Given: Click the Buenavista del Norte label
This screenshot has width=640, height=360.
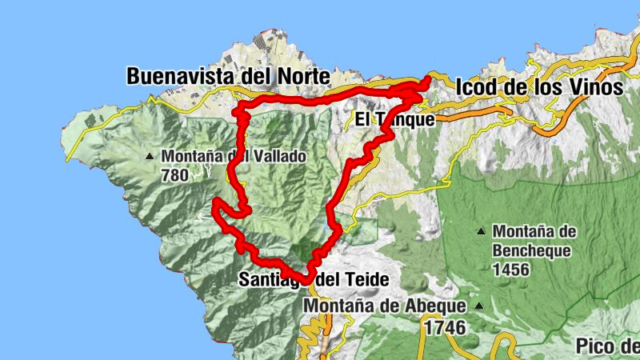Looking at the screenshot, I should click(x=228, y=77).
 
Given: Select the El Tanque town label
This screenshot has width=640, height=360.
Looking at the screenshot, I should click(x=395, y=120).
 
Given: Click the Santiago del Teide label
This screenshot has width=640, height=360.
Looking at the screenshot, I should click(x=314, y=280).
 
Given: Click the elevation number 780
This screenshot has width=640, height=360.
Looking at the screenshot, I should click(x=174, y=175).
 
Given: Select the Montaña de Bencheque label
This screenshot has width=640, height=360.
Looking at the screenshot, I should click(x=534, y=241).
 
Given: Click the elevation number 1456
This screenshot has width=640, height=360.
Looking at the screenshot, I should click(x=510, y=270).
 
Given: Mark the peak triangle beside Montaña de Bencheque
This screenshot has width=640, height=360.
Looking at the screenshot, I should click(x=480, y=232).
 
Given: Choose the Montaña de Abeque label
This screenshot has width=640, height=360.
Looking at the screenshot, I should click(x=385, y=306).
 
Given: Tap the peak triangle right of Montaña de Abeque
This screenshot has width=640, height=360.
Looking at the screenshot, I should click(x=478, y=306).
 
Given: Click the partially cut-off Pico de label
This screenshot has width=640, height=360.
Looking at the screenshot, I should click(x=607, y=346).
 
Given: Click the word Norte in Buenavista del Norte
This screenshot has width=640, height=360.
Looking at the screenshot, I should click(x=302, y=77).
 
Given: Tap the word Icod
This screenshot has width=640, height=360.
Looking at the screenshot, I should click(x=477, y=87).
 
